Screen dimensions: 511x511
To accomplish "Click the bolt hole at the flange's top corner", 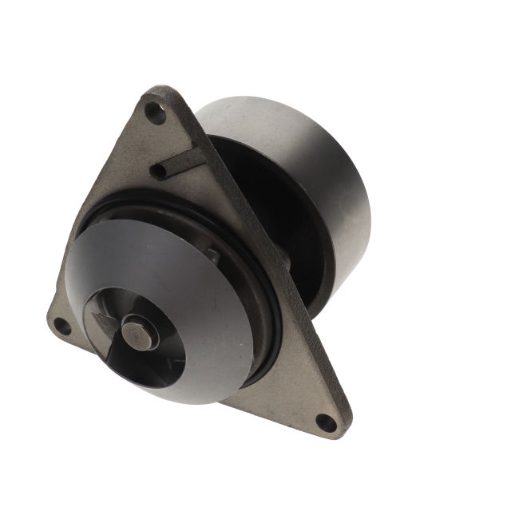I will (x=156, y=113).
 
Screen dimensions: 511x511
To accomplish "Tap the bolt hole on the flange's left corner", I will (x=61, y=326).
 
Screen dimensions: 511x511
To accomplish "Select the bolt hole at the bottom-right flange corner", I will (x=325, y=422).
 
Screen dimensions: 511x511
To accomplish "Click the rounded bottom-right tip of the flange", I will (x=339, y=431).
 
